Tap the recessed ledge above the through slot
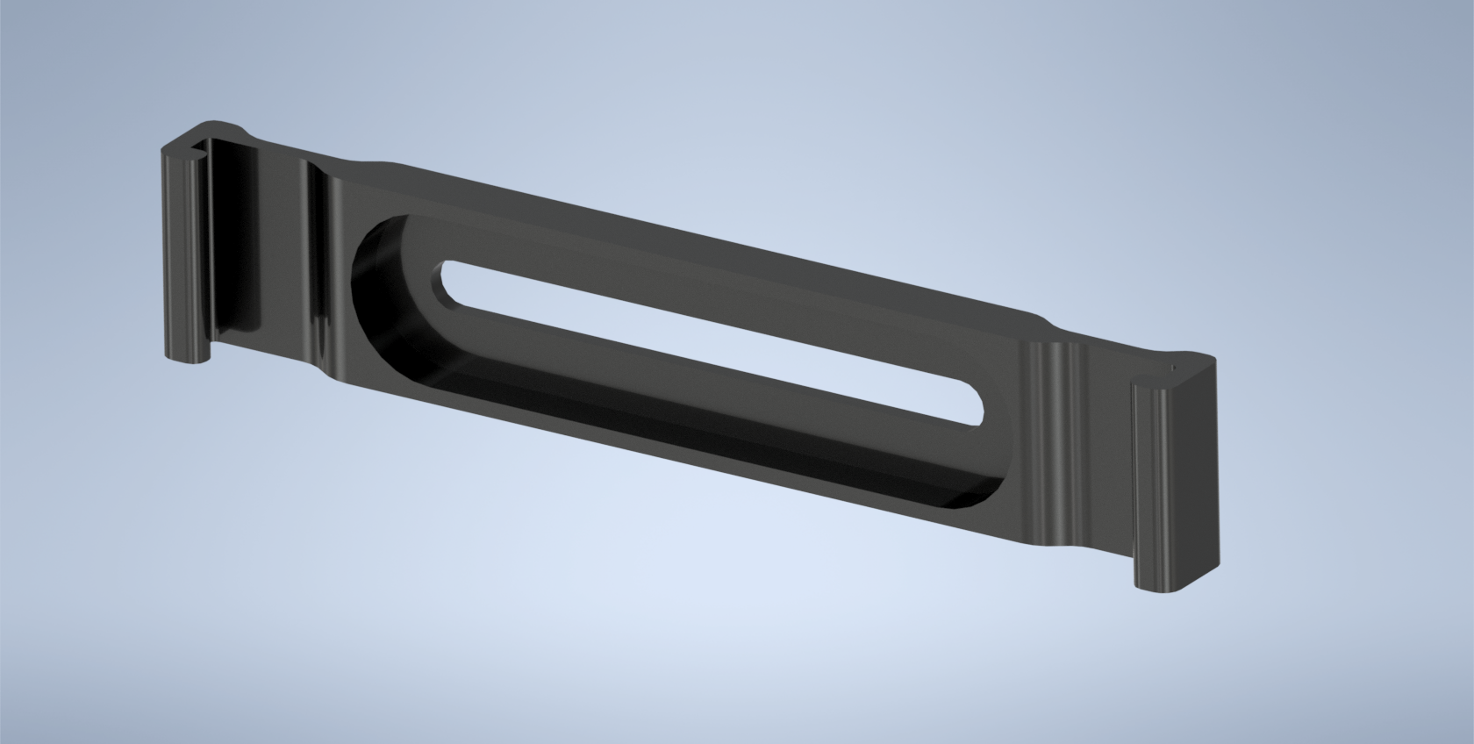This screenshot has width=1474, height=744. coord(702,298)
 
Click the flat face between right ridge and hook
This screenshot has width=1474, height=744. coord(1101,456)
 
